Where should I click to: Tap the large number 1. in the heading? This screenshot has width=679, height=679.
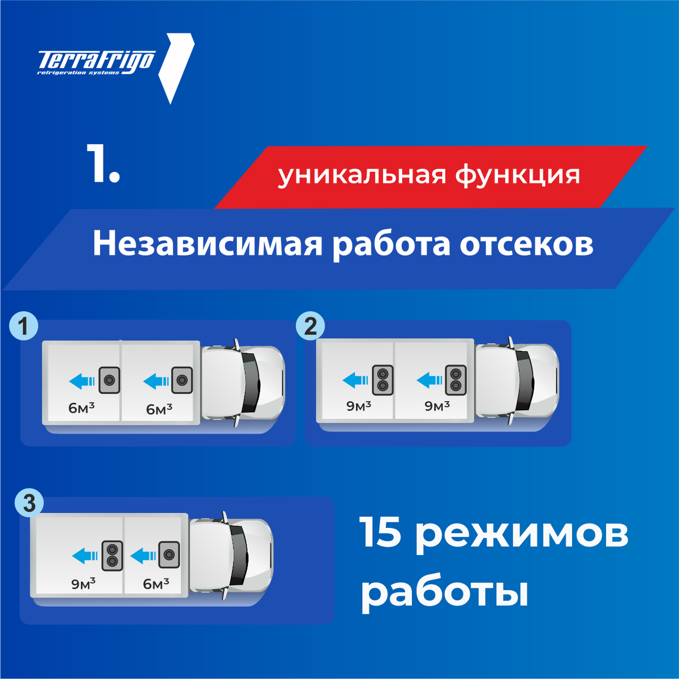pyautogui.click(x=104, y=164)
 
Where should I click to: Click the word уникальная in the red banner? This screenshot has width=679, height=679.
pyautogui.click(x=362, y=175)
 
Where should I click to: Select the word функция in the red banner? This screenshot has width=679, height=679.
pyautogui.click(x=518, y=175)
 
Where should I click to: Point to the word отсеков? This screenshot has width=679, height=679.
pyautogui.click(x=526, y=245)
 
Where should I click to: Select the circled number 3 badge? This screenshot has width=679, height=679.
pyautogui.click(x=29, y=502)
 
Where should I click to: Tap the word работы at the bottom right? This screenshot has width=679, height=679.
pyautogui.click(x=445, y=594)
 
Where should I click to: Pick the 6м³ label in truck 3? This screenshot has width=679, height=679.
pyautogui.click(x=156, y=583)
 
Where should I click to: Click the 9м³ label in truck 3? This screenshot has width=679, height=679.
pyautogui.click(x=83, y=583)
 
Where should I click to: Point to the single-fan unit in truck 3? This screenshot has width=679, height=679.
pyautogui.click(x=169, y=555)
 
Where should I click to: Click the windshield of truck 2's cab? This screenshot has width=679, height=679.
pyautogui.click(x=526, y=379)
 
